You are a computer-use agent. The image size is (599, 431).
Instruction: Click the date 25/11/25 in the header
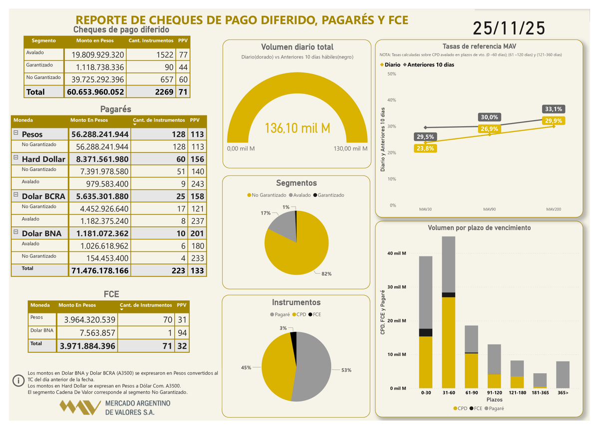[x=509, y=28]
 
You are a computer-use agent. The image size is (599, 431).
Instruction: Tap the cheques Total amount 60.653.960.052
[x=95, y=92]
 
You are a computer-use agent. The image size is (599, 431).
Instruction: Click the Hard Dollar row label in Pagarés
[x=43, y=159]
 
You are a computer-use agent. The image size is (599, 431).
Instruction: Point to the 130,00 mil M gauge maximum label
[x=350, y=148]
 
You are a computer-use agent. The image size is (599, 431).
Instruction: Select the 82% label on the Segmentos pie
[x=327, y=274]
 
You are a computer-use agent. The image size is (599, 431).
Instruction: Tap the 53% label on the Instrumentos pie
[x=346, y=370]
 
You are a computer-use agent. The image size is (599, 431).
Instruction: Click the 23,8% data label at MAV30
[x=424, y=148]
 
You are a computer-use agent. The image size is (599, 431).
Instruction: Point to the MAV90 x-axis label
[x=489, y=209]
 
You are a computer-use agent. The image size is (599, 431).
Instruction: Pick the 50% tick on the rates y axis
[x=392, y=74]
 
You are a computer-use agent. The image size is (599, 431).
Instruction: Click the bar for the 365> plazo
[x=563, y=374]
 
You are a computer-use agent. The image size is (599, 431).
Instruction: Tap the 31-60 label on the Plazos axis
[x=448, y=393]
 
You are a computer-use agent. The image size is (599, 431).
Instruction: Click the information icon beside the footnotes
[x=18, y=380]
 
